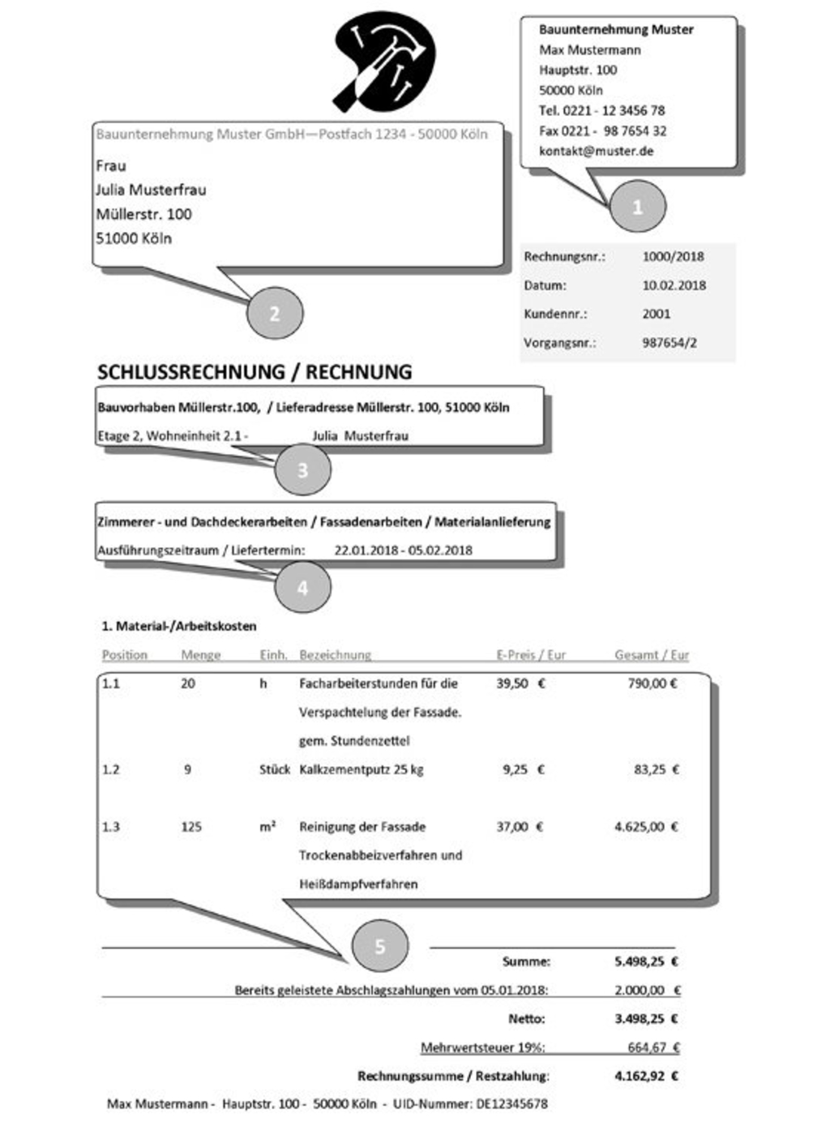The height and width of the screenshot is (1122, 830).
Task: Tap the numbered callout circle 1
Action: [637, 207]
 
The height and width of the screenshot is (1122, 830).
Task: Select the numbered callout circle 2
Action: [274, 313]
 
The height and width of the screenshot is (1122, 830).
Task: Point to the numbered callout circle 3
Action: [302, 470]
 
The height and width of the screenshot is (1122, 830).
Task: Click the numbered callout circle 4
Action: [302, 587]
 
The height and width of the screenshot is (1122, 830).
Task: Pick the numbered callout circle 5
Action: [379, 946]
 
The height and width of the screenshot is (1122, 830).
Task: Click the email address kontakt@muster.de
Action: [596, 151]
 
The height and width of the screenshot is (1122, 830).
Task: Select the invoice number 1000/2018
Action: [673, 256]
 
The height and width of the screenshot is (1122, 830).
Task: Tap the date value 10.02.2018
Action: [674, 285]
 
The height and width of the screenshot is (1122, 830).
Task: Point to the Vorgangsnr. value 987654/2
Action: [670, 342]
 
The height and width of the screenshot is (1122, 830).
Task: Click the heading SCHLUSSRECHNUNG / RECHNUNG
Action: [255, 372]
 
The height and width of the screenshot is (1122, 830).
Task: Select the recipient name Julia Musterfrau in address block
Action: [151, 190]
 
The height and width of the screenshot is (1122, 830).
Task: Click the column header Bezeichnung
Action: [335, 654]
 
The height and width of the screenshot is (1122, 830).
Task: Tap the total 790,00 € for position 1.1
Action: [652, 683]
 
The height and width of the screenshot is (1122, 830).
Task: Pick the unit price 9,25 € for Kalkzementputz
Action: [523, 769]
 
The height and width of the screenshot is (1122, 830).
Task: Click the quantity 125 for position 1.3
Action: [191, 827]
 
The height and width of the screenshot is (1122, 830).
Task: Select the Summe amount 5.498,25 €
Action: [646, 961]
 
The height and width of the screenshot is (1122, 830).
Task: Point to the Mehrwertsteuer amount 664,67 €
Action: [653, 1047]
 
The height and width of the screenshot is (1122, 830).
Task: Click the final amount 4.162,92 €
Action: [646, 1077]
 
